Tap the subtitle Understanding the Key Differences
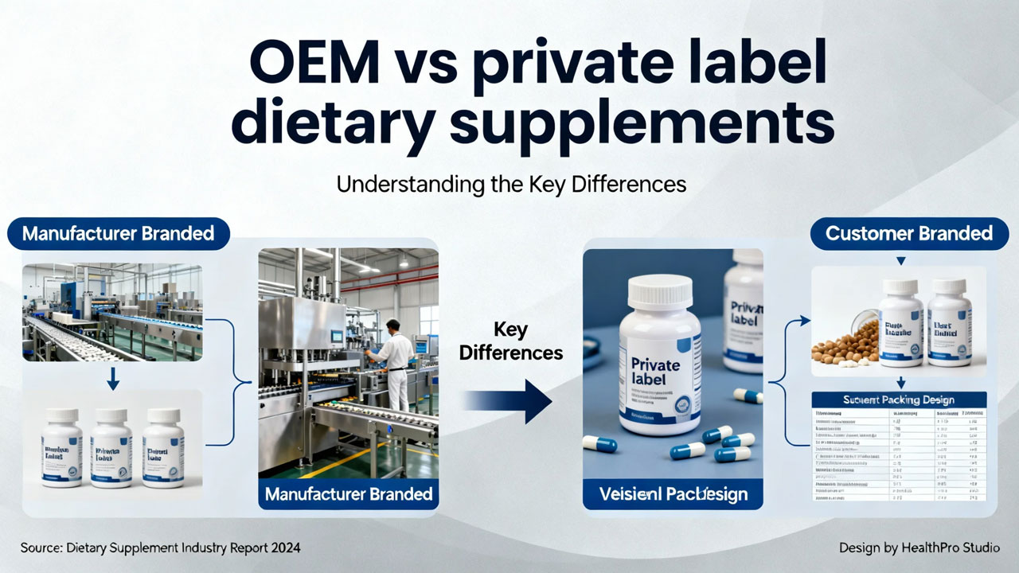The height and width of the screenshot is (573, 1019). (x=510, y=184)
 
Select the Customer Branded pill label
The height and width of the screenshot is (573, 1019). (x=908, y=233)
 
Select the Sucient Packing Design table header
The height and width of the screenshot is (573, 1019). (x=899, y=400)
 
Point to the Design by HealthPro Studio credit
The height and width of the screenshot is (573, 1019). (x=919, y=548)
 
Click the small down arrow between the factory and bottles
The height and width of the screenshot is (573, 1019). (x=112, y=380)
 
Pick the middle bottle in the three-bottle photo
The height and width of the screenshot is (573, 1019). (x=111, y=448)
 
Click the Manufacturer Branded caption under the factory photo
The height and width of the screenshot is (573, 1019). (x=349, y=493)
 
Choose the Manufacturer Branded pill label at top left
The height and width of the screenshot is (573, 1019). (x=118, y=233)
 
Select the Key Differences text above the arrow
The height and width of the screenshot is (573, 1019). (x=511, y=340)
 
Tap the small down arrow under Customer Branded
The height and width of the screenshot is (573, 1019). (x=900, y=260)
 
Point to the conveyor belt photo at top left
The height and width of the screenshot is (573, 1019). (x=112, y=312)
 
